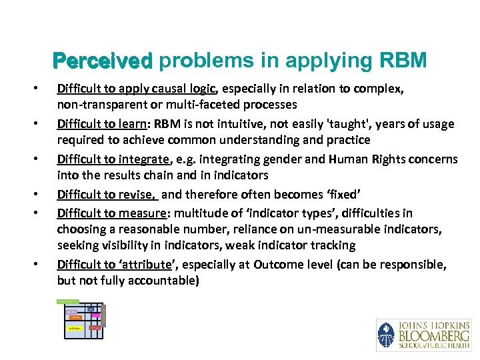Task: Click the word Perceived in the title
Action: [x=103, y=61]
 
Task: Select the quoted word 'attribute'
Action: [x=142, y=265]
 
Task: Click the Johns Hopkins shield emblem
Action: [x=386, y=335]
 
